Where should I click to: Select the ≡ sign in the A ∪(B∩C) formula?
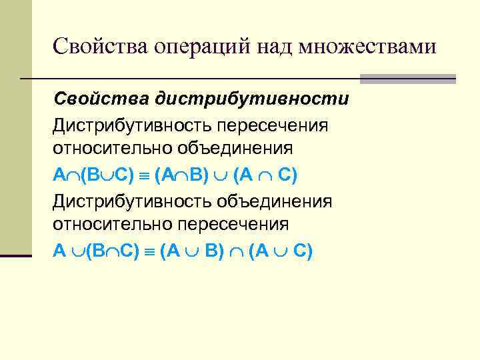(150, 252)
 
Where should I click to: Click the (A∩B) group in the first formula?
(177, 175)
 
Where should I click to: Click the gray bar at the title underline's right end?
(407, 79)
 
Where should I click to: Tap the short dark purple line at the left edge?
(15, 255)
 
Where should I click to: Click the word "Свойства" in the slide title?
(100, 47)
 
